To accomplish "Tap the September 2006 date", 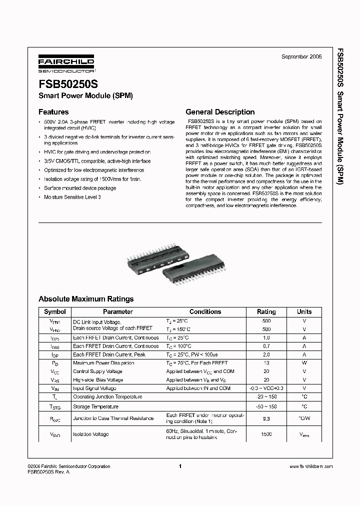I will click(301, 57).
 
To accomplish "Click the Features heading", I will click(53, 112).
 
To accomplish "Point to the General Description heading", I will click(220, 112).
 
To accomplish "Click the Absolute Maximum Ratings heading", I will click(86, 299).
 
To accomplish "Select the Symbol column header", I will click(54, 311).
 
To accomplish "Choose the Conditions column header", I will click(205, 311).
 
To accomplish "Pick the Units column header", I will click(304, 311).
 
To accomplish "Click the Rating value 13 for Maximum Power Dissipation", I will click(266, 363).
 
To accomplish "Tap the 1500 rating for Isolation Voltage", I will click(266, 434).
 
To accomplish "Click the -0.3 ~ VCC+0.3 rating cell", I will click(266, 388).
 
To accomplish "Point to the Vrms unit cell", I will click(304, 434).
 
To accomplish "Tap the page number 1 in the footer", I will click(179, 466).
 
